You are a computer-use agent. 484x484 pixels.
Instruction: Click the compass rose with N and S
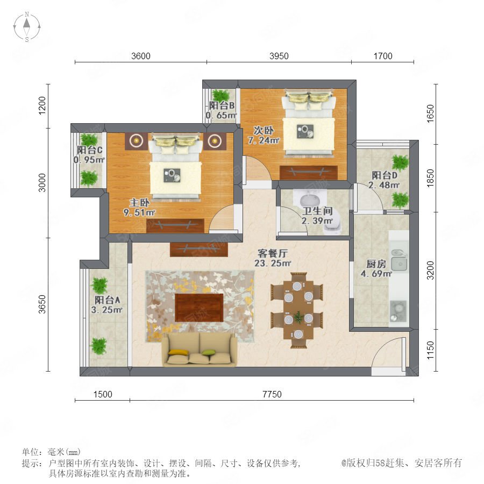tap(27, 27)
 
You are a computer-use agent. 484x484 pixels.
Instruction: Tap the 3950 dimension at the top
tap(279, 56)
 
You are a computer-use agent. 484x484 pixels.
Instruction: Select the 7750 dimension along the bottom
tap(272, 394)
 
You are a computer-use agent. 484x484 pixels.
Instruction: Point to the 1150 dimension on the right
tap(430, 350)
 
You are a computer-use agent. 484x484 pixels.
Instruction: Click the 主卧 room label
tap(139, 203)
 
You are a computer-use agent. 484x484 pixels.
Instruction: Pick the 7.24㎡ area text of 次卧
tap(264, 140)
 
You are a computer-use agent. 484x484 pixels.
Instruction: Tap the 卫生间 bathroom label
tap(317, 211)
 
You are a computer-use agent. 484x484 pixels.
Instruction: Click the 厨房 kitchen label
tap(376, 264)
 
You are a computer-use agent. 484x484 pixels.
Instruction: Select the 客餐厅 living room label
tap(273, 253)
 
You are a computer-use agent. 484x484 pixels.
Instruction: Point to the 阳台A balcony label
tap(107, 300)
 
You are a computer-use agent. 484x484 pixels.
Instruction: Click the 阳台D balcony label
tap(385, 175)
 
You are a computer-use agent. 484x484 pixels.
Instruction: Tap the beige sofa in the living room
tap(200, 349)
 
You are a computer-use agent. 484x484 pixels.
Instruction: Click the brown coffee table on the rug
tap(199, 308)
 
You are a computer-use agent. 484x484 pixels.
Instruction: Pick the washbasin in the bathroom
tap(310, 199)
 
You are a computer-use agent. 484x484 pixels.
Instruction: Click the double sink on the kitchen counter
tap(399, 260)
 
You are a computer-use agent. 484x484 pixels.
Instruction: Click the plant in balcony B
tap(221, 95)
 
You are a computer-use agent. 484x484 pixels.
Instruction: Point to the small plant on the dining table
tap(298, 317)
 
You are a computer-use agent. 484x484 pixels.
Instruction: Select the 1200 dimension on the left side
tap(42, 105)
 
